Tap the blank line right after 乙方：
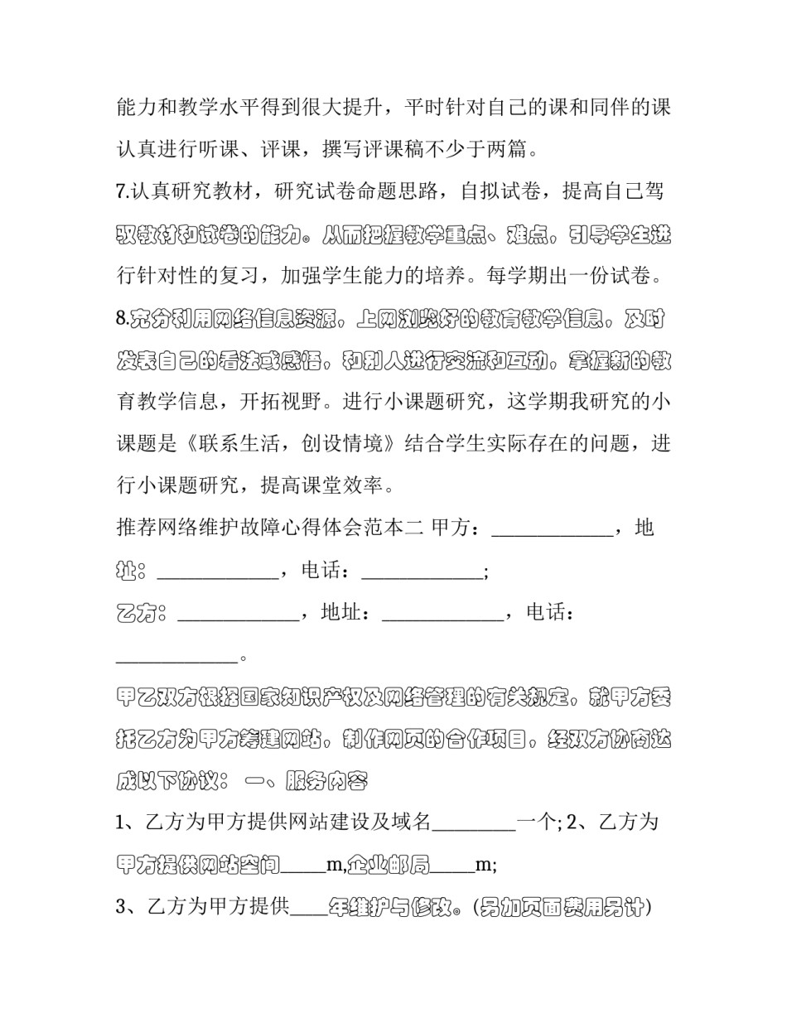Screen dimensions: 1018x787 pyautogui.click(x=239, y=615)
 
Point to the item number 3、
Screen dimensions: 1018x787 pyautogui.click(x=129, y=908)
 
